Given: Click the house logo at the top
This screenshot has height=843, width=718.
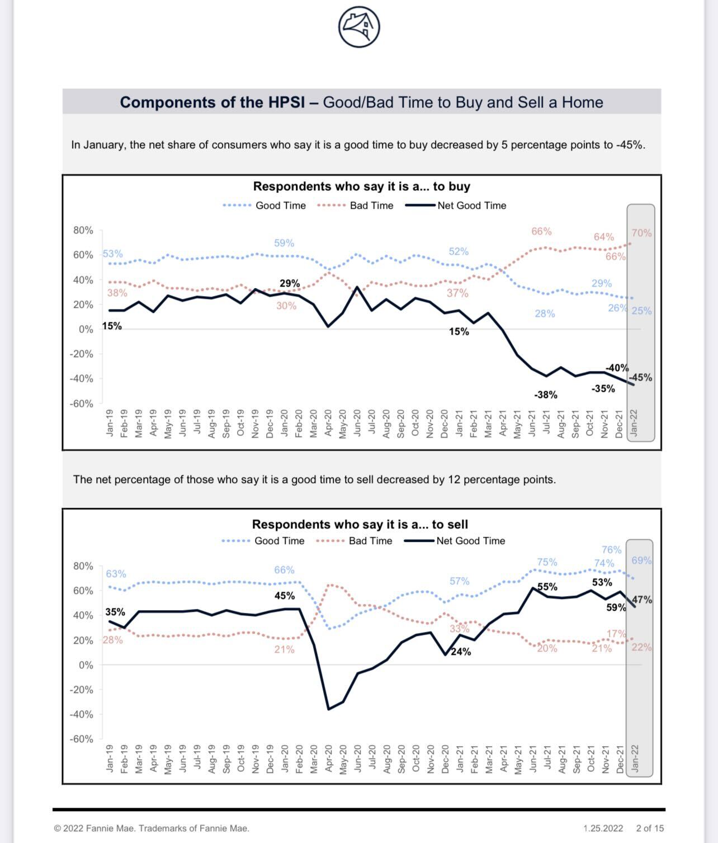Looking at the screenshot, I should click(x=359, y=26).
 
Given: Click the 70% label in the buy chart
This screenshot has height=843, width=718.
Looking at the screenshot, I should click(x=641, y=233).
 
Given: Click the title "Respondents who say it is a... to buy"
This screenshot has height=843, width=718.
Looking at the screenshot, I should click(x=361, y=186).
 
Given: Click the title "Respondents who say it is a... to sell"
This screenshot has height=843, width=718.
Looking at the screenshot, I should click(x=360, y=524).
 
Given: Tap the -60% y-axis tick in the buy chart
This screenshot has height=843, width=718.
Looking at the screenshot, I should click(x=82, y=404).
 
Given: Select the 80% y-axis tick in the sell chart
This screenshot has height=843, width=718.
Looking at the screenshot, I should click(x=83, y=566).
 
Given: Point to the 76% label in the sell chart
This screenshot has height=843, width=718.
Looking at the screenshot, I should click(x=611, y=550).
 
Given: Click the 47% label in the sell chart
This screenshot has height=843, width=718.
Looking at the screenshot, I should click(x=642, y=600).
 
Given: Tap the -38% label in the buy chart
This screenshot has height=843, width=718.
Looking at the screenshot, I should click(x=546, y=395).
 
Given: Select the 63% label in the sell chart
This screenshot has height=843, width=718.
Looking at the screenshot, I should click(x=116, y=574).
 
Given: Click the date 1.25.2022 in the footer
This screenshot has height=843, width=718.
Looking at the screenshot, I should click(x=603, y=828).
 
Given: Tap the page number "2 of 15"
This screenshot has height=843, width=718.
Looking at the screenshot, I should click(x=650, y=828).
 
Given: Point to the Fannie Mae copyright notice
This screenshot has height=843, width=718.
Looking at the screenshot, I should click(x=152, y=828).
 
